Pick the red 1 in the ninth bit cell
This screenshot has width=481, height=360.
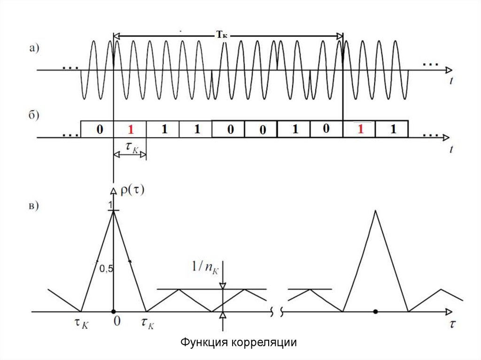pos(360,130)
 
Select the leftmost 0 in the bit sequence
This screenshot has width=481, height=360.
pos(99,130)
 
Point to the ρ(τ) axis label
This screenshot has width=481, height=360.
pos(133,191)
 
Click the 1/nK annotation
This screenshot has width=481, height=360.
pos(204,267)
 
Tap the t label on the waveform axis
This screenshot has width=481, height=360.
pos(451,81)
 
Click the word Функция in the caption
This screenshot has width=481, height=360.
pos(205,342)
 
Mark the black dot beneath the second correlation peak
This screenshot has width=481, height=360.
pos(375,311)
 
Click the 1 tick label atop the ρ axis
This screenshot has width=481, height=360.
pos(110,206)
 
